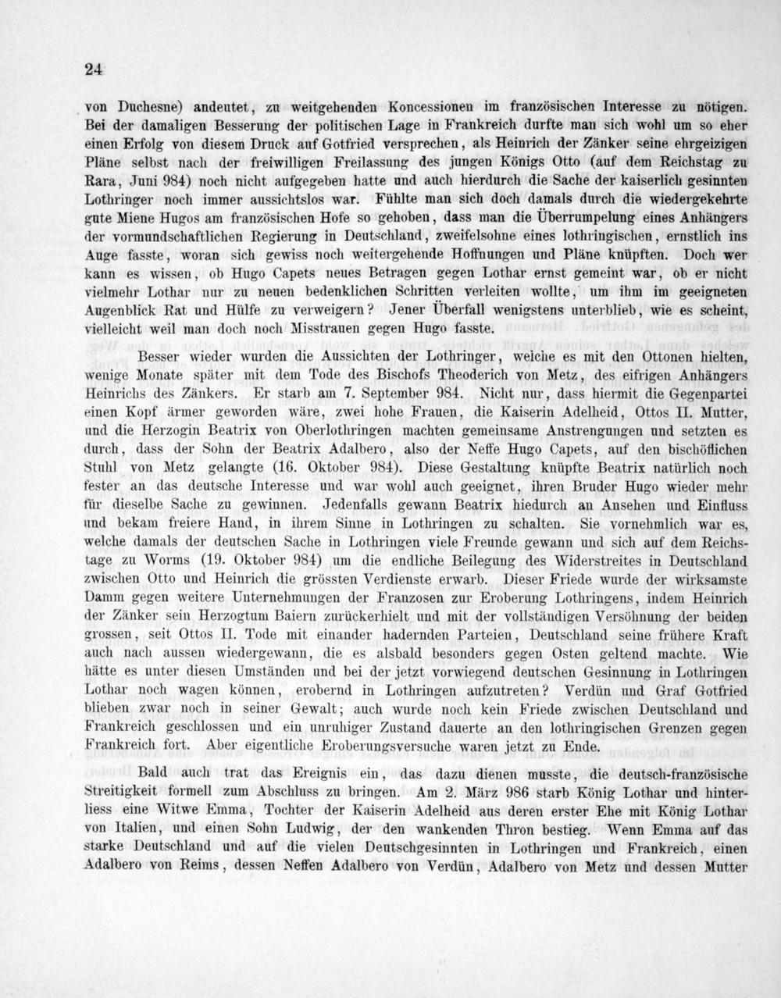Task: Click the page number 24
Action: [93, 69]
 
